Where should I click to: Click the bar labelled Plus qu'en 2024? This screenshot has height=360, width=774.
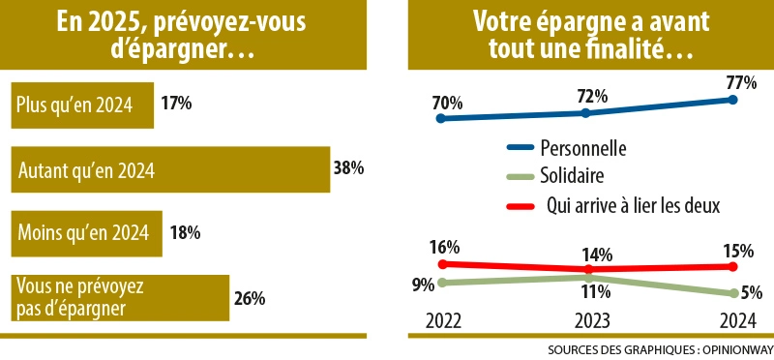pos(82,105)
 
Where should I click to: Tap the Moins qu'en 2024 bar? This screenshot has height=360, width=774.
pos(85,232)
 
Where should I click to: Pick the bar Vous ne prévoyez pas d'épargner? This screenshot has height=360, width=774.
pos(118,297)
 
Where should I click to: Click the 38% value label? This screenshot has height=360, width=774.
pos(348,168)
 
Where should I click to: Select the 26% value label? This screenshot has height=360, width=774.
pos(249,298)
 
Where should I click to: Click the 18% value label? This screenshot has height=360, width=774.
pos(184,232)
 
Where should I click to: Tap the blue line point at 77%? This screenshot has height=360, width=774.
pos(732,99)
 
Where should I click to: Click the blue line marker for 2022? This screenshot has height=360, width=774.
pos(441,119)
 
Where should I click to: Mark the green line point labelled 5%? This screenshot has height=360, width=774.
pos(732,293)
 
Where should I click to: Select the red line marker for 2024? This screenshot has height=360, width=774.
pos(732,265)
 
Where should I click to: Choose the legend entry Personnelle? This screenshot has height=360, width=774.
pos(583,149)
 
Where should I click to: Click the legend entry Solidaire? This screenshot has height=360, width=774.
pos(572,176)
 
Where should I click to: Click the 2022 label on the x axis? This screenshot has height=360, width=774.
pos(441,320)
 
